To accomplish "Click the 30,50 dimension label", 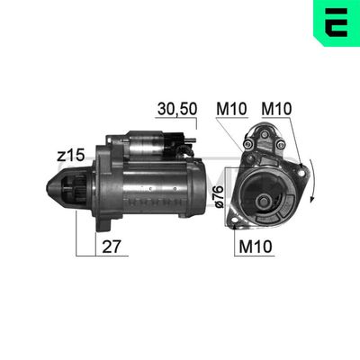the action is pyautogui.click(x=177, y=109).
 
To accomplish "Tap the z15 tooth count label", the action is pyautogui.click(x=71, y=156).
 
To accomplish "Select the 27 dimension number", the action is pyautogui.click(x=112, y=247).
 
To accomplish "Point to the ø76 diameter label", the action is pyautogui.click(x=220, y=196).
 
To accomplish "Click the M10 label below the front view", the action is pyautogui.click(x=256, y=247).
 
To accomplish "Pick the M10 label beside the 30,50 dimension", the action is pyautogui.click(x=231, y=109).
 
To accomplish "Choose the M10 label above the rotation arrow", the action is pyautogui.click(x=276, y=109).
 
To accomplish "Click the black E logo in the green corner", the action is pyautogui.click(x=337, y=22).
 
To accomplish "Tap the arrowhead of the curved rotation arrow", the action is pyautogui.click(x=312, y=199).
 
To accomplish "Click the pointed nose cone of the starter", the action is pyautogui.click(x=54, y=186).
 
